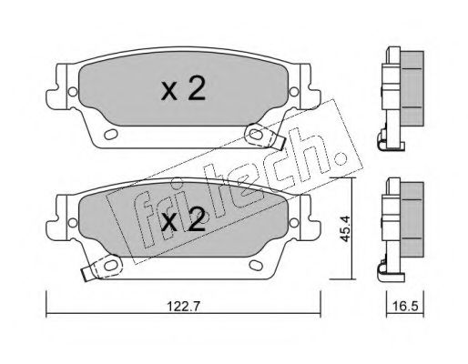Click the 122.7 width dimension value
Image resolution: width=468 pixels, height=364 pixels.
tap(183, 307)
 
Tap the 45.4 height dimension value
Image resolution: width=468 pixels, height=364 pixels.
tap(345, 228)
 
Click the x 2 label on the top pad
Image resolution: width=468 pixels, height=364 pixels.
tap(183, 88)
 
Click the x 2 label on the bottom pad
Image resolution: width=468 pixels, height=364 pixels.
tap(183, 220)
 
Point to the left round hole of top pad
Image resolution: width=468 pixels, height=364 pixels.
tap(73, 92)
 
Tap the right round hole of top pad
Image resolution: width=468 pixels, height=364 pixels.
tap(294, 92)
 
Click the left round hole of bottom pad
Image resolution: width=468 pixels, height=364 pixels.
tap(73, 223)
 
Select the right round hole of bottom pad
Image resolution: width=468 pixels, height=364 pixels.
tap(294, 223)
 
